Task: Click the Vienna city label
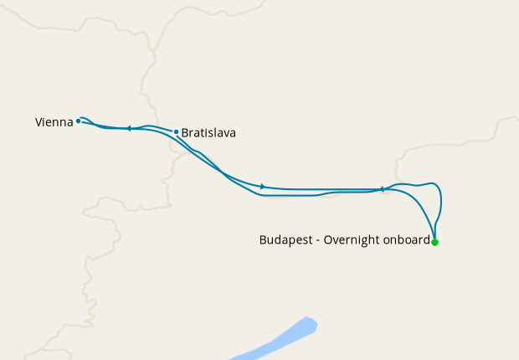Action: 54,122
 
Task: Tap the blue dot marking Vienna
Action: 78,121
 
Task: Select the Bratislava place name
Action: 208,132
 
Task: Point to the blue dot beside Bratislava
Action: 176,131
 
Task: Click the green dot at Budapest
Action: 434,242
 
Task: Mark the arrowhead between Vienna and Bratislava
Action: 128,128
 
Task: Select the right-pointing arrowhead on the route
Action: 263,186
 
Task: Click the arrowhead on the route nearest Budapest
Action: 382,189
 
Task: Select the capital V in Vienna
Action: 39,122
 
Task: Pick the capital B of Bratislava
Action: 185,132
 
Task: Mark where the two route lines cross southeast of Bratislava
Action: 223,173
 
